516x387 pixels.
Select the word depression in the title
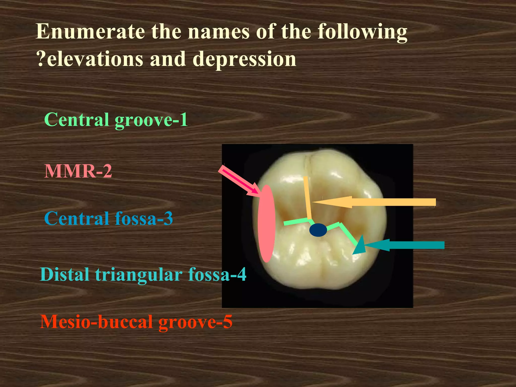tap(244, 59)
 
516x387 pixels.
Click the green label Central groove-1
tap(116, 120)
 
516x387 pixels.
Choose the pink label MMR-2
tap(78, 171)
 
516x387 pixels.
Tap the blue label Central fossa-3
tap(109, 218)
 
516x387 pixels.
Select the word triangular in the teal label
tap(139, 275)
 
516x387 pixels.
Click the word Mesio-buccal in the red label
tap(96, 322)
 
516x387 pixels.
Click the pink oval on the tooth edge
tap(266, 223)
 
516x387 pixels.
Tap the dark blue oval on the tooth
tap(318, 230)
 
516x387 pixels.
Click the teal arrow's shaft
tap(416, 245)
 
